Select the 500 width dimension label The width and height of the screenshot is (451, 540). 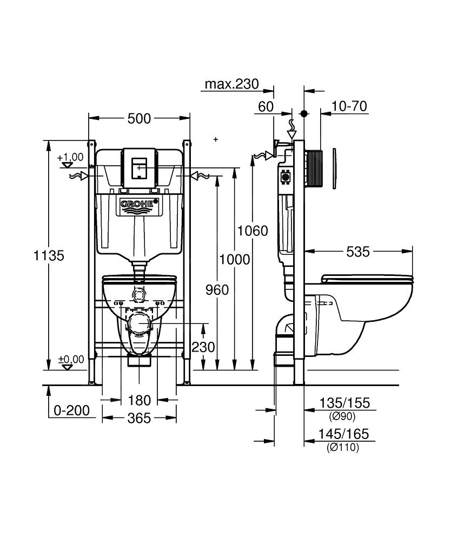click(139, 119)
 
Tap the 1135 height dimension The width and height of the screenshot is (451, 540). click(49, 255)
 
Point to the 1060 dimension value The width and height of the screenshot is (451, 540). click(253, 231)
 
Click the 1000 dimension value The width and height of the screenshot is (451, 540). click(235, 260)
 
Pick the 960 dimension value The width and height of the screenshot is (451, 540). click(217, 290)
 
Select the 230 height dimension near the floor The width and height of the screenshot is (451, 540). click(203, 347)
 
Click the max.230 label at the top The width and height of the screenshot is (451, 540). click(231, 84)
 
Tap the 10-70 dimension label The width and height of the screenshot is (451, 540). click(349, 106)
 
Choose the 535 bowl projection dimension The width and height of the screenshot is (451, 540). click(358, 252)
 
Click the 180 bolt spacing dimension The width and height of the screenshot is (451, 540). click(139, 401)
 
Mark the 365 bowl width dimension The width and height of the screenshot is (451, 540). click(139, 418)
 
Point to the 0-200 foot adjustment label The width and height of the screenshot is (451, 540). click(71, 410)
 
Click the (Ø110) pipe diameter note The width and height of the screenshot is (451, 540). click(343, 447)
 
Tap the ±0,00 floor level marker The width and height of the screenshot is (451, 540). click(70, 359)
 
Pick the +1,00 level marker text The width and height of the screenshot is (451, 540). click(70, 157)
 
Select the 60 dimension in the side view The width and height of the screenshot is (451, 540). click(266, 106)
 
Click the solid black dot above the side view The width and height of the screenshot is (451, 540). click(304, 114)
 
